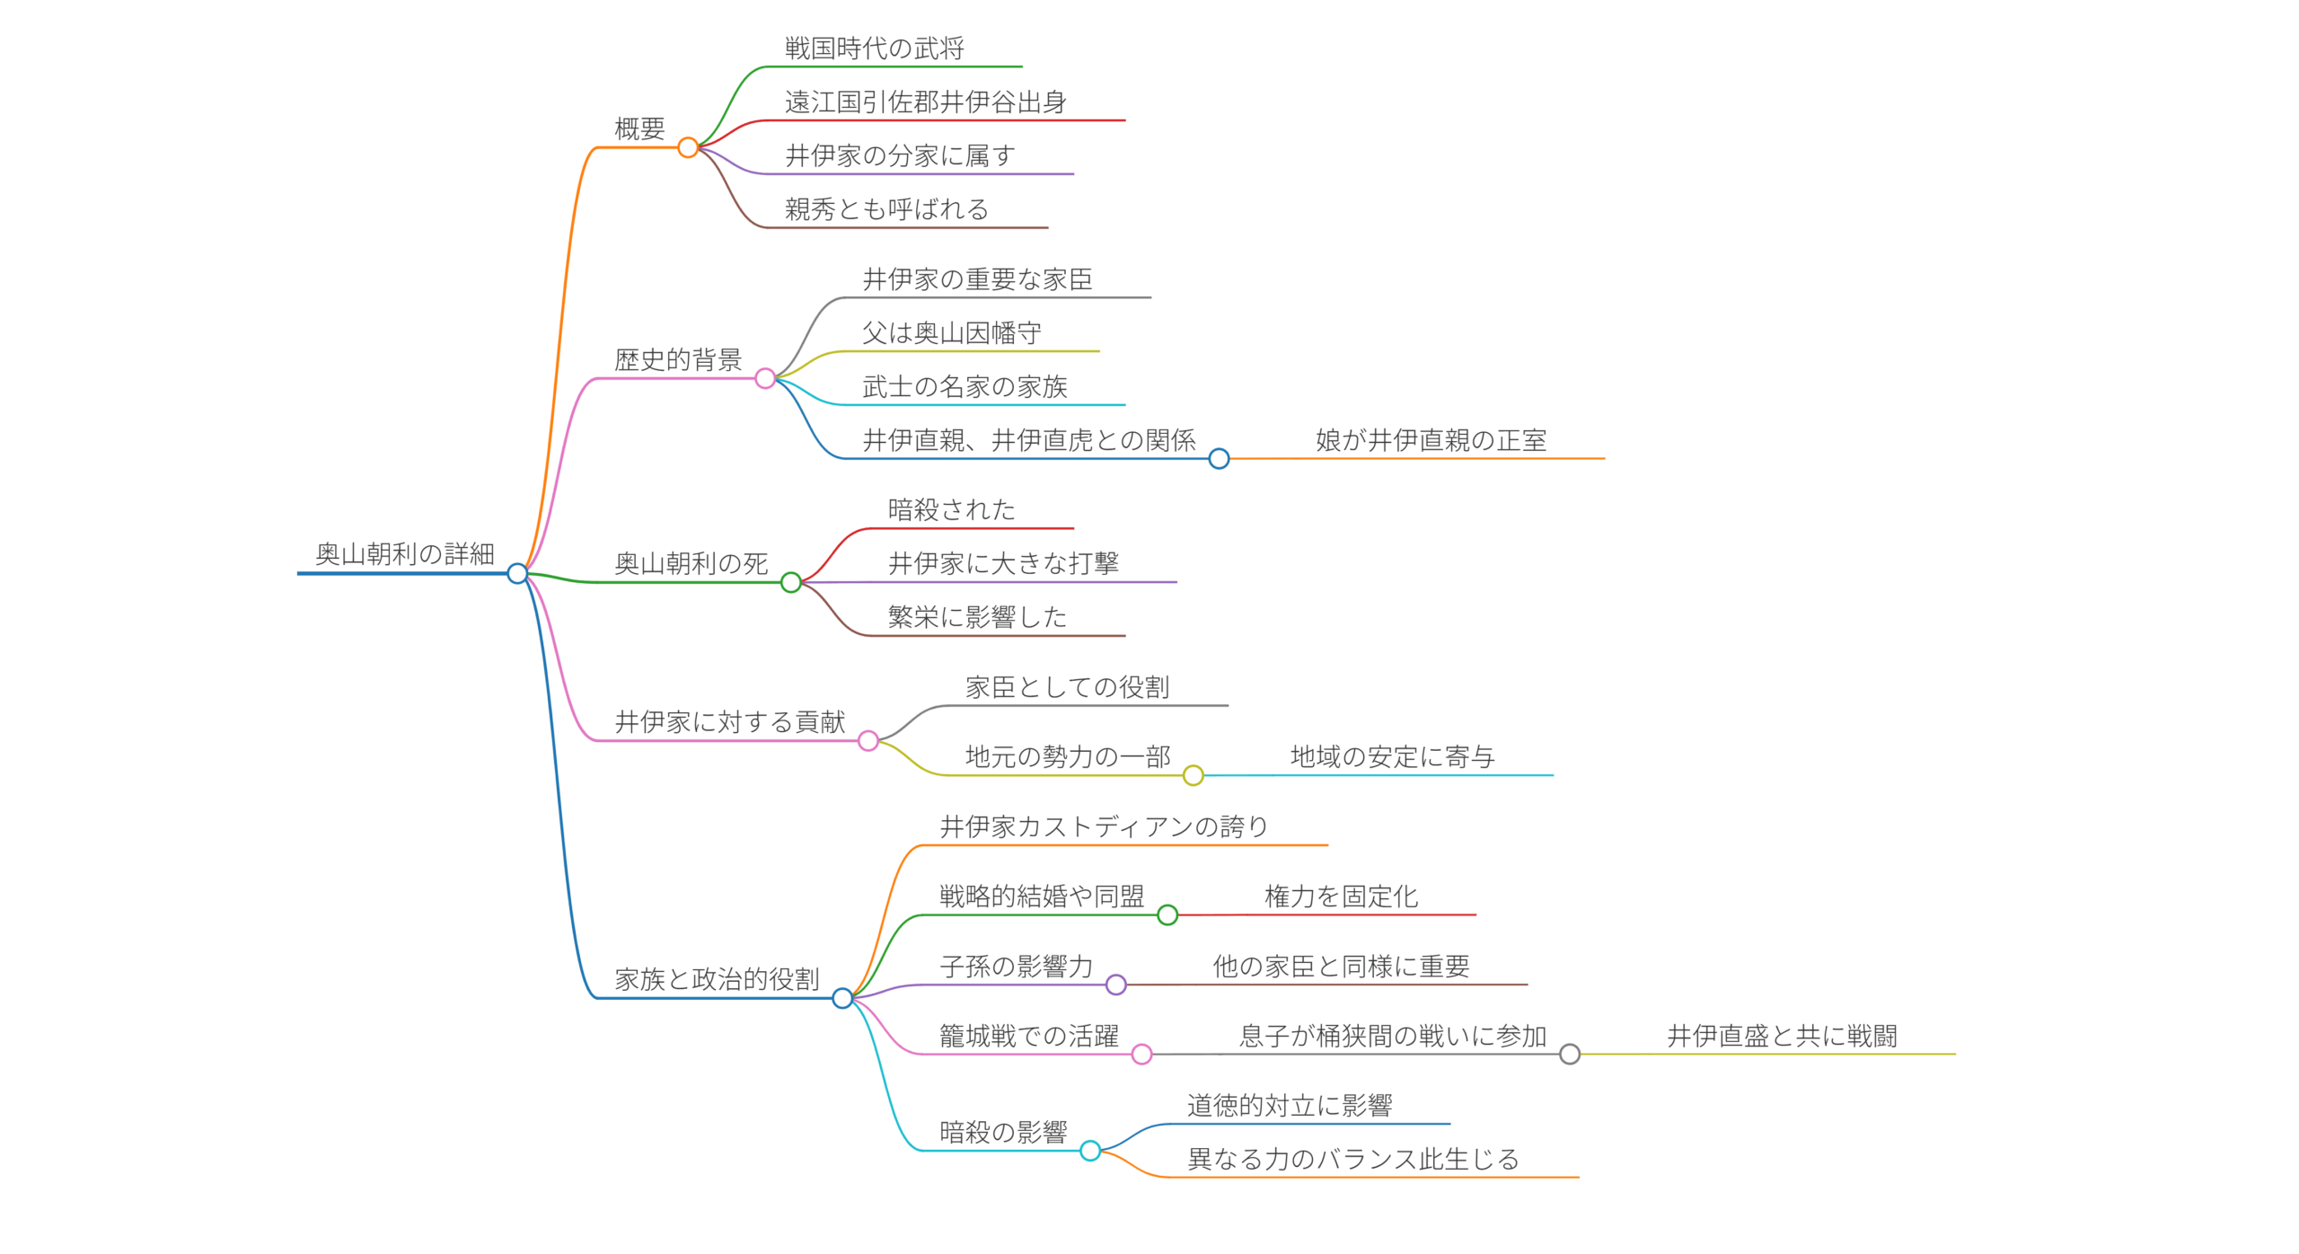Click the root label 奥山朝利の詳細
pos(404,554)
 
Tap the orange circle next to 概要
pos(688,147)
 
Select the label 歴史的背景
pos(678,360)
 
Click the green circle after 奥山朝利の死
pos(790,583)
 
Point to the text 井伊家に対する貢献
pos(729,722)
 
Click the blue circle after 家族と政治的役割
pos(842,998)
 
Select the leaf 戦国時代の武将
pos(874,49)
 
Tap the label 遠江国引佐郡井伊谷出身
pos(925,102)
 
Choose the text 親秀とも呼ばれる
pos(886,209)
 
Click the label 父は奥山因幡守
pos(951,333)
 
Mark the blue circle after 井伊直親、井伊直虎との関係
pos(1219,459)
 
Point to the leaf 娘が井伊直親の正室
pos(1431,440)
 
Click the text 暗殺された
pos(951,510)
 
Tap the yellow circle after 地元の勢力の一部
pos(1193,775)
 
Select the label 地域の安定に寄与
pos(1392,757)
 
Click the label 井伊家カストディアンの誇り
pos(1104,826)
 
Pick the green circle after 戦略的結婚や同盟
pos(1167,915)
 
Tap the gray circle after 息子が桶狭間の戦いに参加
pos(1570,1055)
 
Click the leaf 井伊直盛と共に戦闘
pos(1782,1037)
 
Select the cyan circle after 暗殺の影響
pos(1090,1151)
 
